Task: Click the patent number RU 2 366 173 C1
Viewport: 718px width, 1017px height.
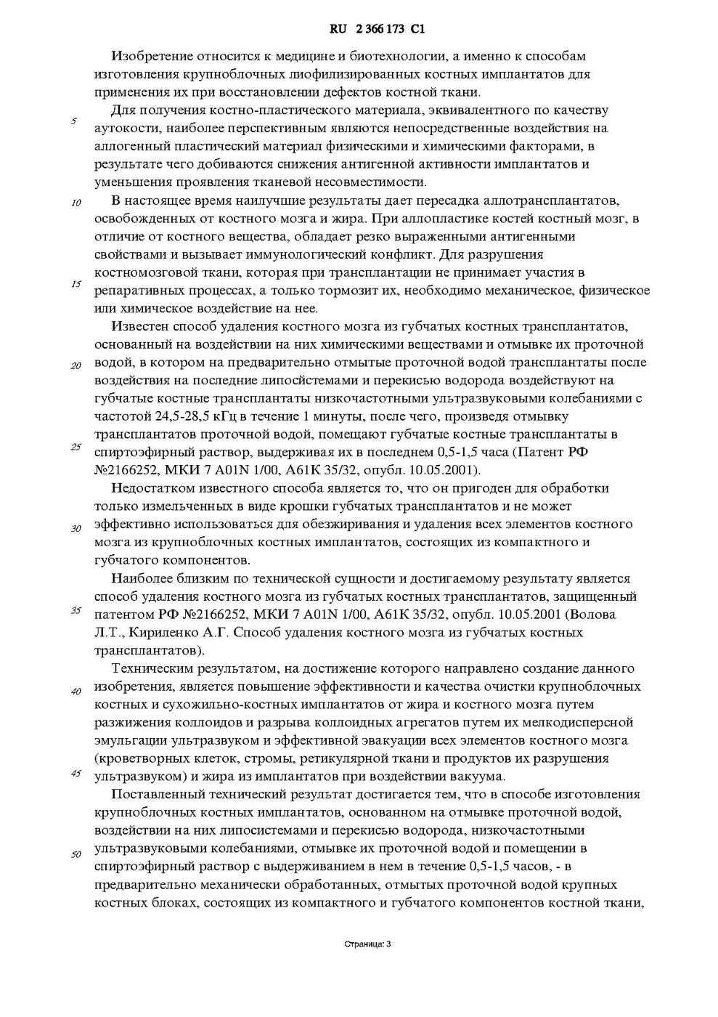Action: (x=377, y=30)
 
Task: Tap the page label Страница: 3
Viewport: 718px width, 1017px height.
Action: (x=367, y=944)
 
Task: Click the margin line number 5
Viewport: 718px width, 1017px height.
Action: (x=74, y=121)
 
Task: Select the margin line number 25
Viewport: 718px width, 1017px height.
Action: (x=76, y=447)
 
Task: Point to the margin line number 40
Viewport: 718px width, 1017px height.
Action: (x=76, y=691)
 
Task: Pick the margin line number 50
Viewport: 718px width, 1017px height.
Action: (x=76, y=854)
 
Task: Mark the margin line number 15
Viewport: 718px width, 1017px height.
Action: (x=76, y=284)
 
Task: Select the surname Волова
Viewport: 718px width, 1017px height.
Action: (x=596, y=615)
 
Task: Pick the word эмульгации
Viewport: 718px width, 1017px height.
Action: (x=127, y=741)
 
